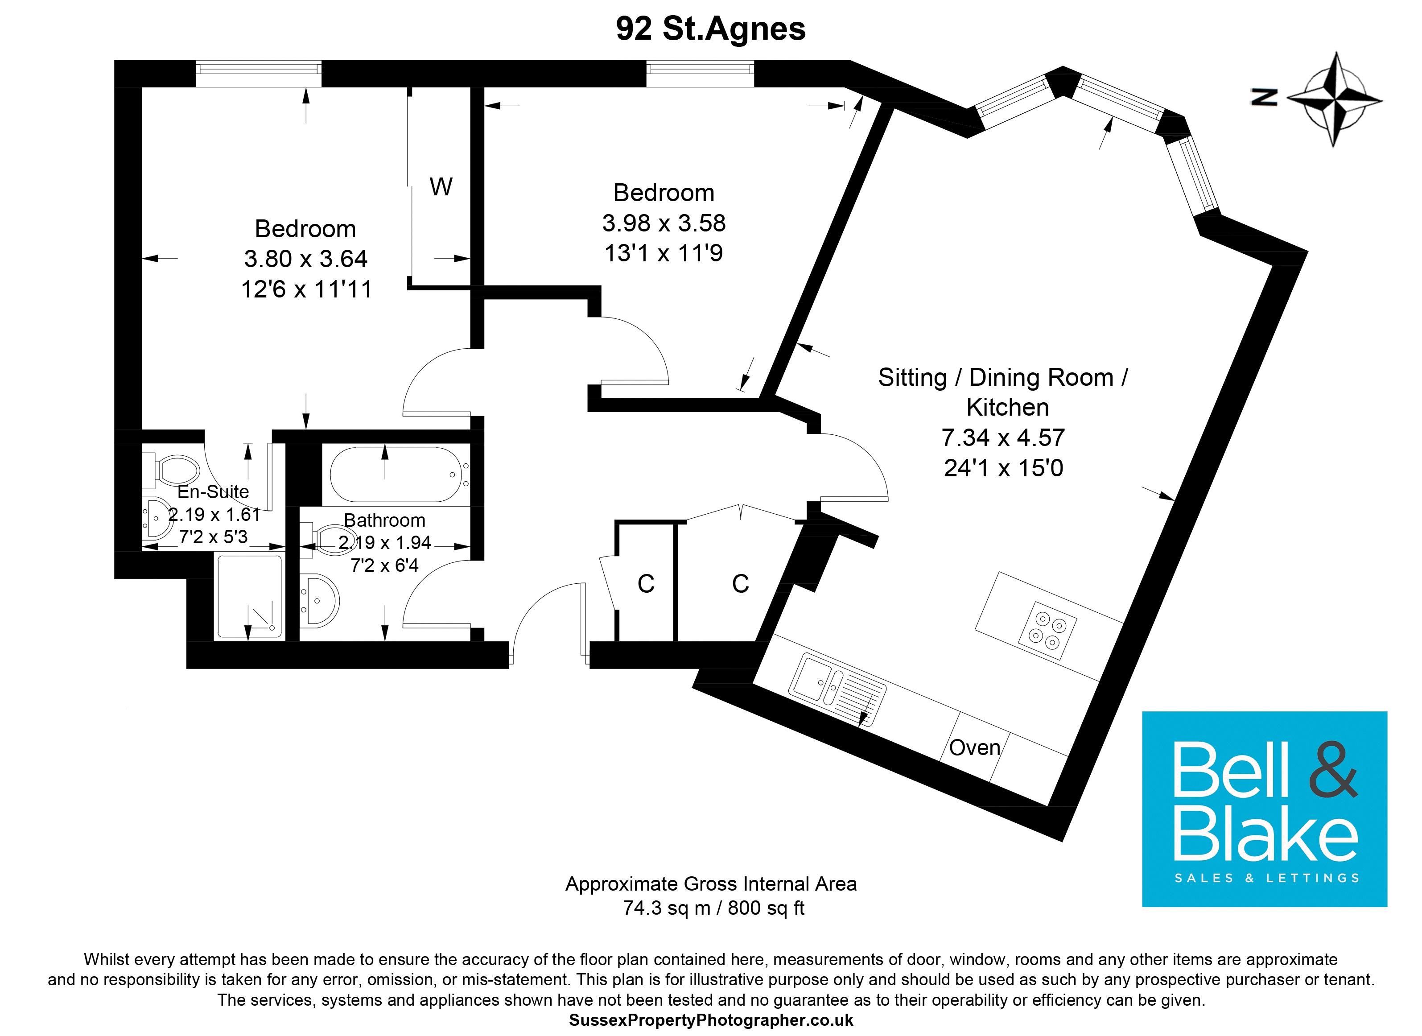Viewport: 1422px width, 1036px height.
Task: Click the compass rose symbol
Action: pyautogui.click(x=1335, y=99)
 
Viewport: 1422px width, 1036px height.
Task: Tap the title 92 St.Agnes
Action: pyautogui.click(x=710, y=29)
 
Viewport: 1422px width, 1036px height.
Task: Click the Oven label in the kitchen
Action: pyautogui.click(x=974, y=747)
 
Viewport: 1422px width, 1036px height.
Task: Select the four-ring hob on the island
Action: pyautogui.click(x=1047, y=630)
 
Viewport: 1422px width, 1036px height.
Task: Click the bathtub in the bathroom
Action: pyautogui.click(x=396, y=474)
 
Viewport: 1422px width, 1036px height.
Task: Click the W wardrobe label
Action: pyautogui.click(x=441, y=186)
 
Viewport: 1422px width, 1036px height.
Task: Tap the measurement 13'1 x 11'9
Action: pyautogui.click(x=664, y=253)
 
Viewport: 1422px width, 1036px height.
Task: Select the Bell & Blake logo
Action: pyautogui.click(x=1264, y=809)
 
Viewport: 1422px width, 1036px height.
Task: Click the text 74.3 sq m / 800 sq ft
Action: pyautogui.click(x=713, y=908)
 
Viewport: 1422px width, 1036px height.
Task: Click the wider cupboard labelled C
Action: pyautogui.click(x=740, y=584)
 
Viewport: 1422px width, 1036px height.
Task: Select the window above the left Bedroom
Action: pyautogui.click(x=258, y=74)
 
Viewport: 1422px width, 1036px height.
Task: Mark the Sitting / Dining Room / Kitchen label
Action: pyautogui.click(x=1003, y=392)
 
